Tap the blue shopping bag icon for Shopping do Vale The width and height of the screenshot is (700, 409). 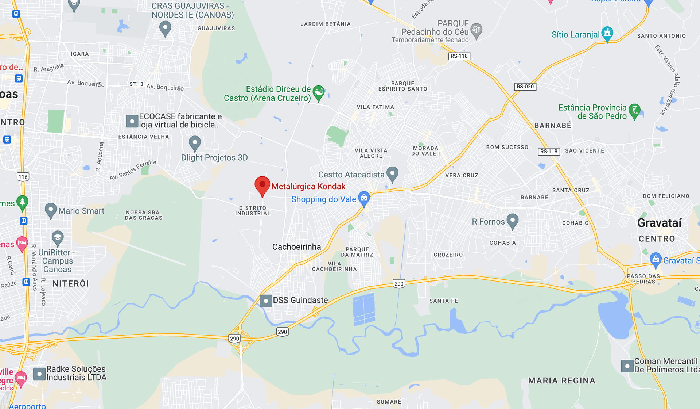coord(364,198)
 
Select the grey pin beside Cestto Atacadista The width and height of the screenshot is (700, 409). coord(392,174)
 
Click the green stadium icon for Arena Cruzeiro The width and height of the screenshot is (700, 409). coord(319,93)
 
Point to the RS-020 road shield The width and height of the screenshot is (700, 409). coord(525,87)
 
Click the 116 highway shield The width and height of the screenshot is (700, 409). coord(23,177)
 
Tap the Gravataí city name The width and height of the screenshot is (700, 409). coord(659,223)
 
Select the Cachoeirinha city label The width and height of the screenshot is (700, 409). coord(296,247)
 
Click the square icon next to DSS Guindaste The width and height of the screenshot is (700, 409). coord(266,301)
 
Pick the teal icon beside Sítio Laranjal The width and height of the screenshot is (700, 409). coord(607,34)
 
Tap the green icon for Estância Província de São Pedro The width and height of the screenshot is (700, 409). coord(634,111)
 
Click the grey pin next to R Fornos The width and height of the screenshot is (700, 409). coord(513,221)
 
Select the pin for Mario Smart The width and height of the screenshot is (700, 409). coord(51,210)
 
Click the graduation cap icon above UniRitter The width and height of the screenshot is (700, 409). coord(58,238)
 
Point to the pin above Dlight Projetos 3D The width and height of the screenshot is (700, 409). coord(195,143)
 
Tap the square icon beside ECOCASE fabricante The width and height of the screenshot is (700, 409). coord(132,121)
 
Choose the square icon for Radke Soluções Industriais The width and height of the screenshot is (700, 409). coord(39,374)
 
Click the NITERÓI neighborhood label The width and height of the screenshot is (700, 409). coord(71,284)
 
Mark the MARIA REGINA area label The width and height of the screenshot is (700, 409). coord(561,381)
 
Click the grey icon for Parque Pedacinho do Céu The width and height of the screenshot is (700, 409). coord(476,30)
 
